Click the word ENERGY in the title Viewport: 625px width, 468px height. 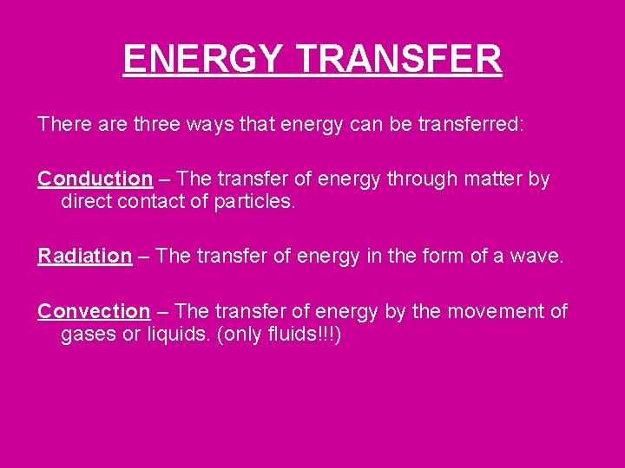pyautogui.click(x=201, y=60)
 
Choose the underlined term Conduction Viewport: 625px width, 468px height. pyautogui.click(x=95, y=179)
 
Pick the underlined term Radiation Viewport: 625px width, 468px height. pyautogui.click(x=84, y=256)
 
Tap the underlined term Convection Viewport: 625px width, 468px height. pyautogui.click(x=94, y=311)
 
